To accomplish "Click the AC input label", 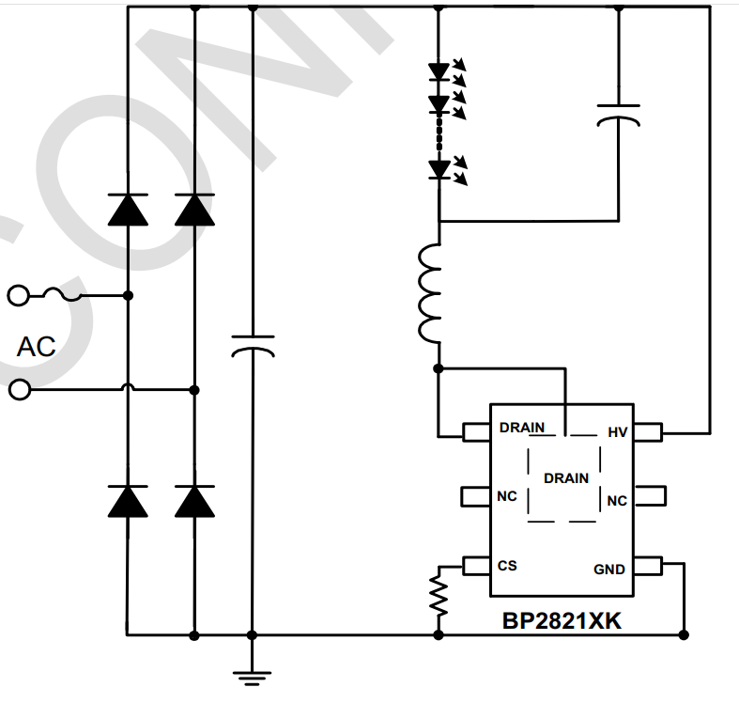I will [x=36, y=346].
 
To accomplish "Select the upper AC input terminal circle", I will [x=17, y=296].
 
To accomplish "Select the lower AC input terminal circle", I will [x=17, y=389].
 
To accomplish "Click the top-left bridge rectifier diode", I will [x=128, y=210].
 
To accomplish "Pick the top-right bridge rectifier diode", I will [x=194, y=210].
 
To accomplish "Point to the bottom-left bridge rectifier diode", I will [x=128, y=501].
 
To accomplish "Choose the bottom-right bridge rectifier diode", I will [x=194, y=501].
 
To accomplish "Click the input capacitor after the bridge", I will [x=252, y=345].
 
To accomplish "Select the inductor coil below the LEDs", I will [x=430, y=294].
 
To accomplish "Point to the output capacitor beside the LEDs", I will [x=618, y=116].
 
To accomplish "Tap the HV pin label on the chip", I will [x=617, y=432].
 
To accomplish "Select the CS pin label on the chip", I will [x=507, y=566].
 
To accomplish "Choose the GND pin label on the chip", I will [x=609, y=570].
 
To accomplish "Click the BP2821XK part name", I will [x=562, y=621].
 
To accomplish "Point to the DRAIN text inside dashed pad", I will [x=566, y=477].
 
